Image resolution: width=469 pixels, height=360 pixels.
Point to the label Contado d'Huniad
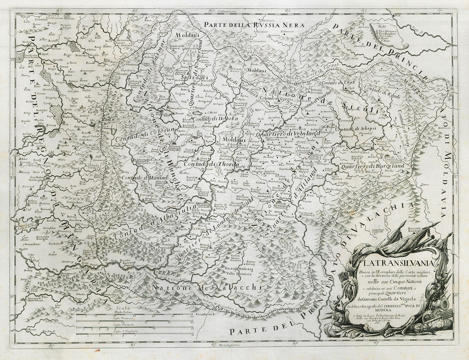pyautogui.click(x=139, y=177)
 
